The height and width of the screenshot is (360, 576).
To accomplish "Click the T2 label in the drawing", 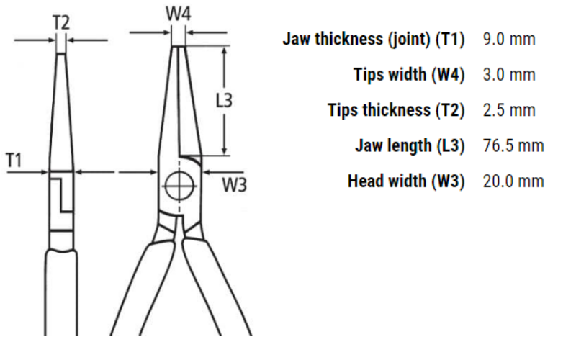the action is pyautogui.click(x=61, y=22).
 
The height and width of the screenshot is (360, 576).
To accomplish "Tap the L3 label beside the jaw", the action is pyautogui.click(x=225, y=101).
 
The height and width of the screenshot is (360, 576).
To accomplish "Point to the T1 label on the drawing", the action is pyautogui.click(x=15, y=160).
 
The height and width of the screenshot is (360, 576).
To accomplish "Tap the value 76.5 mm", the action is pyautogui.click(x=513, y=145).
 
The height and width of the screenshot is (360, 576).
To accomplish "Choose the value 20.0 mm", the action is pyautogui.click(x=513, y=181).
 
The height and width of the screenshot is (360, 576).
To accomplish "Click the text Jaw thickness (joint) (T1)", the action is pyautogui.click(x=374, y=39).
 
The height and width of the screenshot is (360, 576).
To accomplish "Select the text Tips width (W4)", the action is pyautogui.click(x=409, y=74).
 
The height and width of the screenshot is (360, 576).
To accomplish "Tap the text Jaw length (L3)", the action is pyautogui.click(x=410, y=145).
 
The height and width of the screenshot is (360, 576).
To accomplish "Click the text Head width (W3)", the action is pyautogui.click(x=406, y=181).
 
